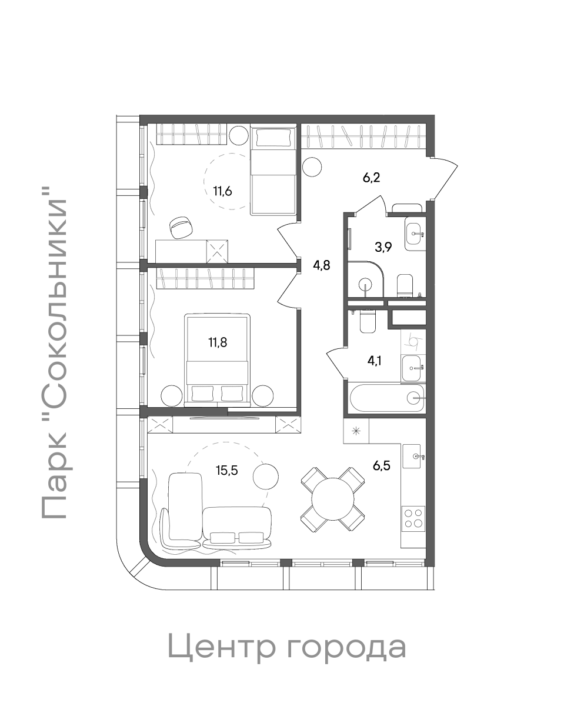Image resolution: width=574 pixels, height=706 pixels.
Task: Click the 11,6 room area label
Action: pos(222,192)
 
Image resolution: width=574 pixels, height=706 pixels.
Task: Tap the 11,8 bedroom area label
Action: pos(218,342)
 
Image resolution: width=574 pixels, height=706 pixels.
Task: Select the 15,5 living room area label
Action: pos(227,470)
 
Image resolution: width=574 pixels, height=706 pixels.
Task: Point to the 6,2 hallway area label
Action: pos(371,178)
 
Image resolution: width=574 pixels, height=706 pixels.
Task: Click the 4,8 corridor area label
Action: pos(321,265)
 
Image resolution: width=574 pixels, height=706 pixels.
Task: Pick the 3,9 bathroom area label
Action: pos(383,247)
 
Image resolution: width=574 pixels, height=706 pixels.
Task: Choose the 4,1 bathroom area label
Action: pos(374,361)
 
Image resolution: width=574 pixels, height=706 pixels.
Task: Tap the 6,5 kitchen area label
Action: pos(382,466)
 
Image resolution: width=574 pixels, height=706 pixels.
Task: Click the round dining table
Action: pos(332,499)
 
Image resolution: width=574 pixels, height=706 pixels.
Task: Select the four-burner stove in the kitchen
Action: pos(413,518)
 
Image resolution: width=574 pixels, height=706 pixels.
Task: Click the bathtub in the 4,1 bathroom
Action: pos(387,398)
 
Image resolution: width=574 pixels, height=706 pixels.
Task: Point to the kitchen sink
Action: pos(412,457)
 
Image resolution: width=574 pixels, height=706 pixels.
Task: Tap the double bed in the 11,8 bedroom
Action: pos(217,359)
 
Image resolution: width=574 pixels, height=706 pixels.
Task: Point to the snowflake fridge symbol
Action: pos(356,431)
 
